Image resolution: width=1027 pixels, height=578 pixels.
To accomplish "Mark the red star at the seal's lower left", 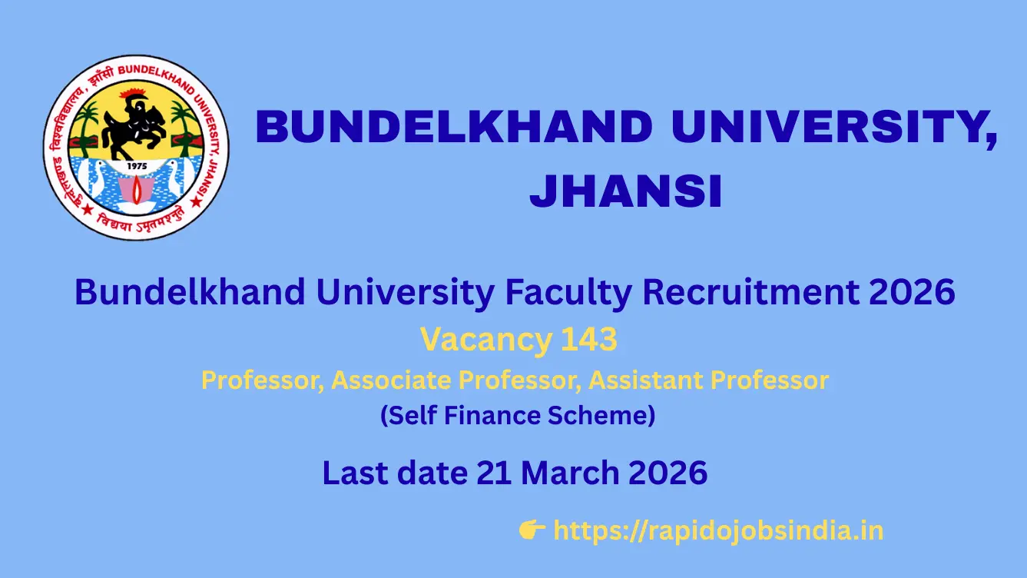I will [x=67, y=206].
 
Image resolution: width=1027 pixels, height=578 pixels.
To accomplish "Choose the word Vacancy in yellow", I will [x=485, y=340].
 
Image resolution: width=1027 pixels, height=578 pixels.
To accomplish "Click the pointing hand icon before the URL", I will [x=532, y=530].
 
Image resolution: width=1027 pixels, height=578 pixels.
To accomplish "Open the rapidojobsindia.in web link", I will [x=717, y=530].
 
